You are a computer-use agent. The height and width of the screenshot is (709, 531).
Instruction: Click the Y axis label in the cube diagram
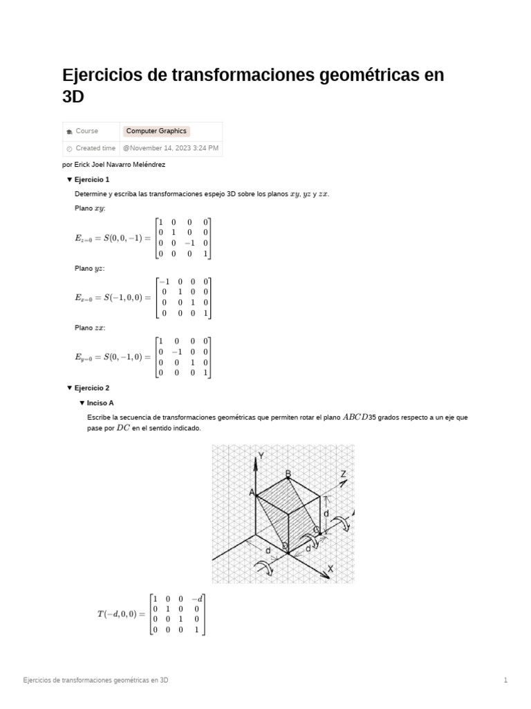point(261,456)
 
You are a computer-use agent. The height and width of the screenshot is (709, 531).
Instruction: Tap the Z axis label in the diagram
point(343,474)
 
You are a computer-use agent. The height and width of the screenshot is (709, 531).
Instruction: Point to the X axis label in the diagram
point(330,568)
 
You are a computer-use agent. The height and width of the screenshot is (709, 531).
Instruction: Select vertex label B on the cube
point(288,474)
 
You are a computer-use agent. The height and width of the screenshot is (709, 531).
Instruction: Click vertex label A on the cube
point(252,492)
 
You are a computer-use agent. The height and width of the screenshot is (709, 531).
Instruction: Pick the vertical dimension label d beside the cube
point(326,514)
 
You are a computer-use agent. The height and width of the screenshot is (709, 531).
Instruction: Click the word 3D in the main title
point(73,97)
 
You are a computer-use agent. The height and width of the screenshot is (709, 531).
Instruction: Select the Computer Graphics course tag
point(156,131)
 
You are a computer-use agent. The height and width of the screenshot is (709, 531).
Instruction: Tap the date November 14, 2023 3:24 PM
point(171,148)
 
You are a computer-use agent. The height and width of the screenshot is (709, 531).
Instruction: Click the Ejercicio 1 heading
point(92,179)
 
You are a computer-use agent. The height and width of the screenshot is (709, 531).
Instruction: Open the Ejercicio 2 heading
point(92,388)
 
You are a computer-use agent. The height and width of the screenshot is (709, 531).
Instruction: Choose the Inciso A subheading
point(100,402)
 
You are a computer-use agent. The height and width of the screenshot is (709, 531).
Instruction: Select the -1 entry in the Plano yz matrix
point(165,281)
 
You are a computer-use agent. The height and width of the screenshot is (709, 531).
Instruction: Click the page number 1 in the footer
point(505,681)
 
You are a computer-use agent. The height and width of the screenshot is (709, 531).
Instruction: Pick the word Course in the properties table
point(87,131)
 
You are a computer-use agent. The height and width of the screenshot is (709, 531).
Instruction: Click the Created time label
point(95,148)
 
